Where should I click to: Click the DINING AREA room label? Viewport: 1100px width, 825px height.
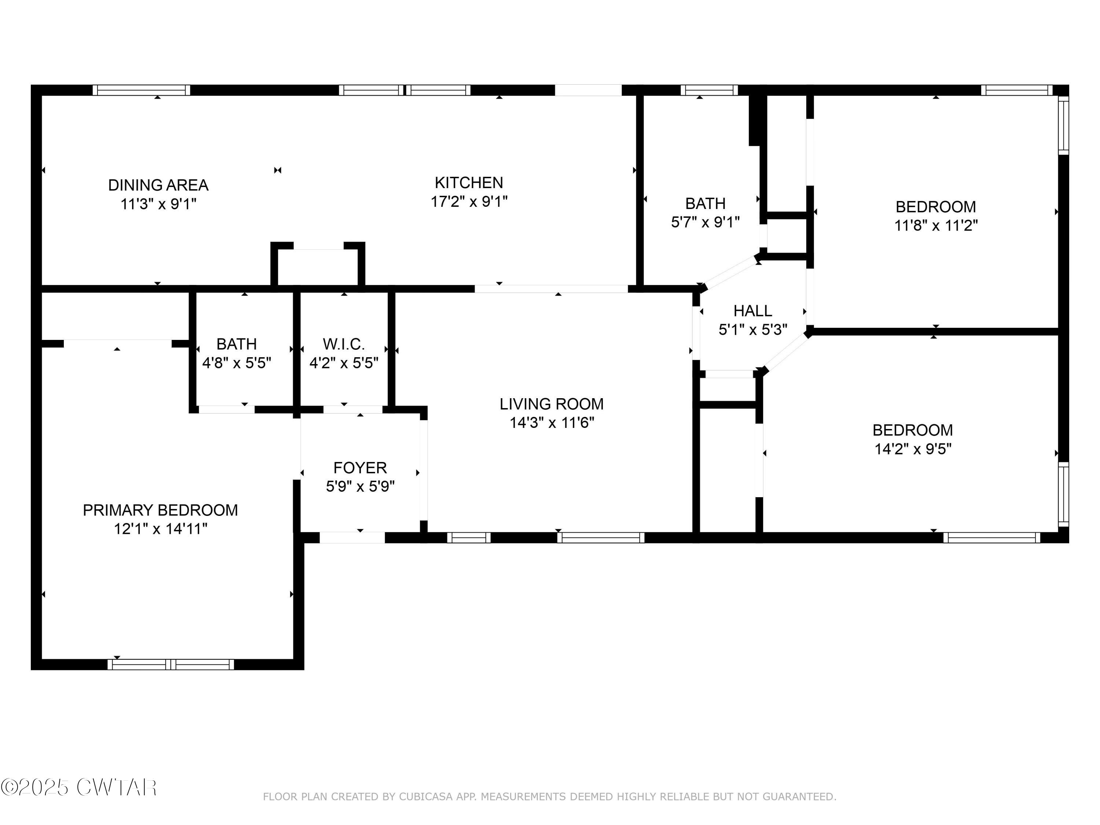click(158, 185)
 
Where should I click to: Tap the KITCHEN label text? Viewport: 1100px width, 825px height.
click(469, 183)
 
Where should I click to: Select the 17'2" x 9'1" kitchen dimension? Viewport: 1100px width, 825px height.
click(469, 201)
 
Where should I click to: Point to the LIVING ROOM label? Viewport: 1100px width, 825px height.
click(551, 404)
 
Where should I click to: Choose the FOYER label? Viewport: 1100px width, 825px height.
click(360, 467)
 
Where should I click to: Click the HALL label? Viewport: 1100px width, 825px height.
click(753, 311)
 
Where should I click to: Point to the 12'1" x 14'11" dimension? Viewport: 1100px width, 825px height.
click(160, 529)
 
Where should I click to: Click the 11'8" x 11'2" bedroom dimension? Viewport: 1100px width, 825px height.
click(936, 225)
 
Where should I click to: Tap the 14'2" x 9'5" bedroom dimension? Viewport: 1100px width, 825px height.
click(913, 448)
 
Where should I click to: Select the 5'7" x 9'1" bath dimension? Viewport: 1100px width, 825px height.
click(705, 222)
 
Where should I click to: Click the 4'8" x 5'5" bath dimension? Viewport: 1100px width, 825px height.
click(237, 363)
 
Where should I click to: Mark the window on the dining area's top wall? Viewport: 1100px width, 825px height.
click(141, 90)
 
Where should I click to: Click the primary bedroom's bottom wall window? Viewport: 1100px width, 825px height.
click(170, 664)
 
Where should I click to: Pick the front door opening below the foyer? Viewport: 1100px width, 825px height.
click(352, 537)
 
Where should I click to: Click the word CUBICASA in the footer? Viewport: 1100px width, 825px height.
click(425, 797)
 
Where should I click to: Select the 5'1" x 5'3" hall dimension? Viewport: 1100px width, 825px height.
click(753, 330)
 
